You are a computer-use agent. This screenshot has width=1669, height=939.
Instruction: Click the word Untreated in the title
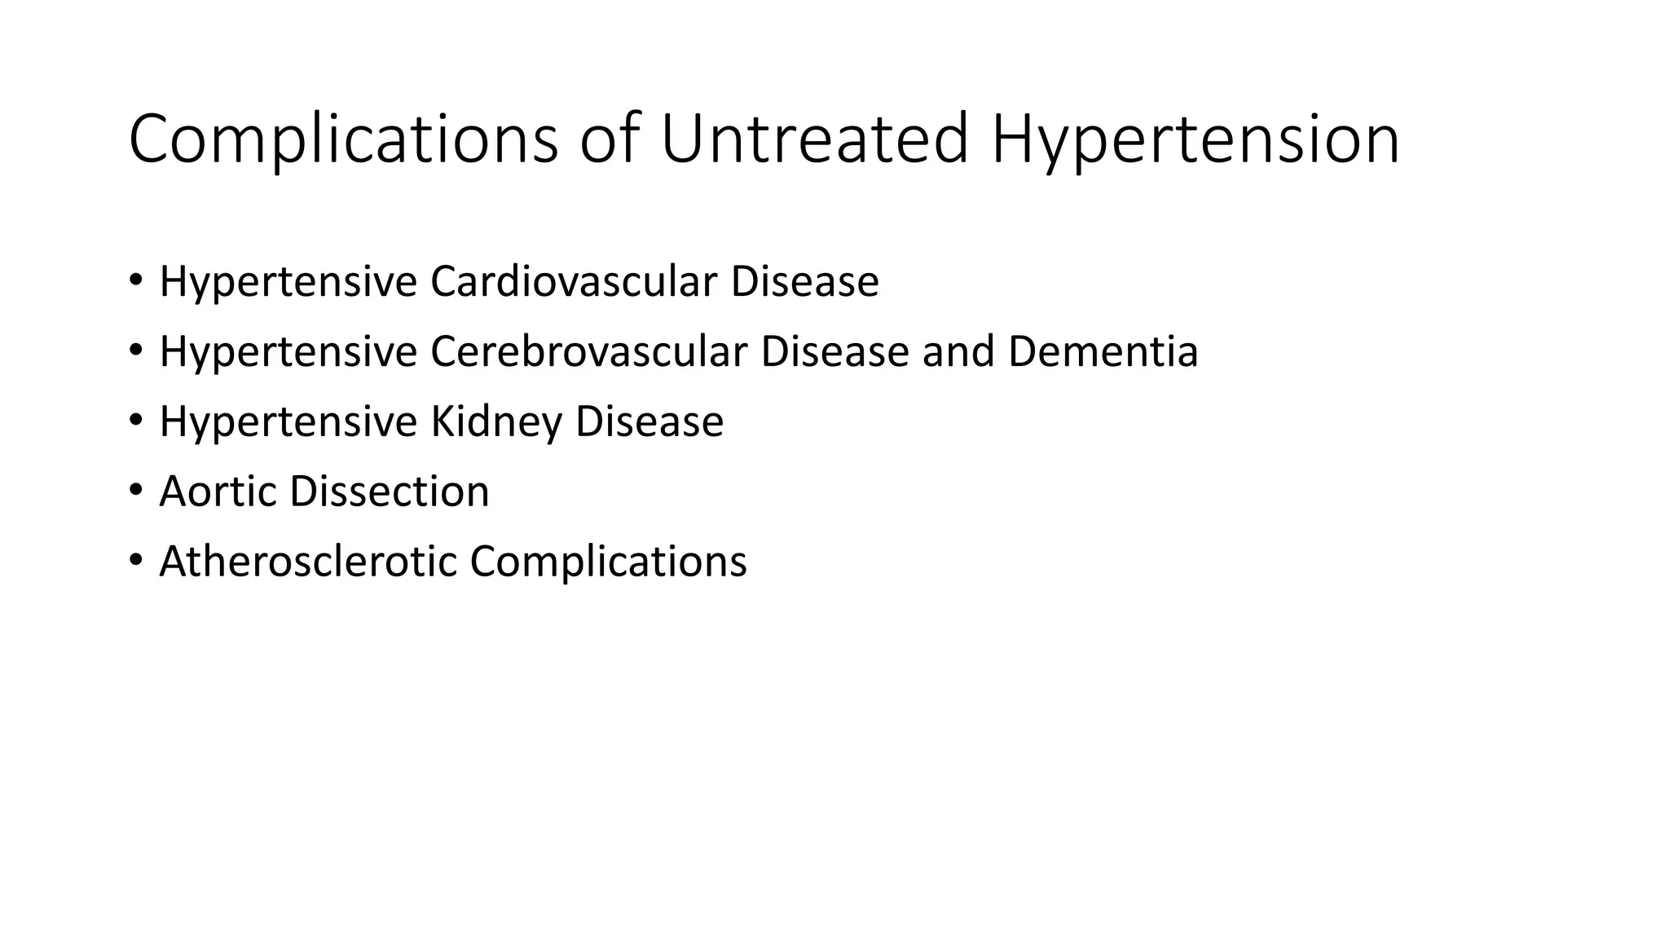coord(814,139)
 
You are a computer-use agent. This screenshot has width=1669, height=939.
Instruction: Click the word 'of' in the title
coord(609,139)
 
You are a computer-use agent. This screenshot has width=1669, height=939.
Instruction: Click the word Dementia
coord(1103,351)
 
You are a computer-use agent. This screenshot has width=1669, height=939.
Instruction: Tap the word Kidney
coord(495,423)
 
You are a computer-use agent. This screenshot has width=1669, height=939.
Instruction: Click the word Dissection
coord(389,492)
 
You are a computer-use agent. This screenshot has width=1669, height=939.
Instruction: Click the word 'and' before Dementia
coord(958,351)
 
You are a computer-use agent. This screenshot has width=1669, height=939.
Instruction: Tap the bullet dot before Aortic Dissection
coord(135,491)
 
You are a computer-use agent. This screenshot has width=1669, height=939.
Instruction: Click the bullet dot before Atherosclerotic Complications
coord(135,561)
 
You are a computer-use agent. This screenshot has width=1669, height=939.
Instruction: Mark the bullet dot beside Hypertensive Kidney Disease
coord(135,421)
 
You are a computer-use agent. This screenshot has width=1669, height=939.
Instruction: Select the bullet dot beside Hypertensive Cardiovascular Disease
coord(135,280)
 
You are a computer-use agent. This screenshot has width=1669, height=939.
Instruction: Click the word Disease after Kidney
coord(649,421)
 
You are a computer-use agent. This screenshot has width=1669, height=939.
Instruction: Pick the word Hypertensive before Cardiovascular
coord(288,283)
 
